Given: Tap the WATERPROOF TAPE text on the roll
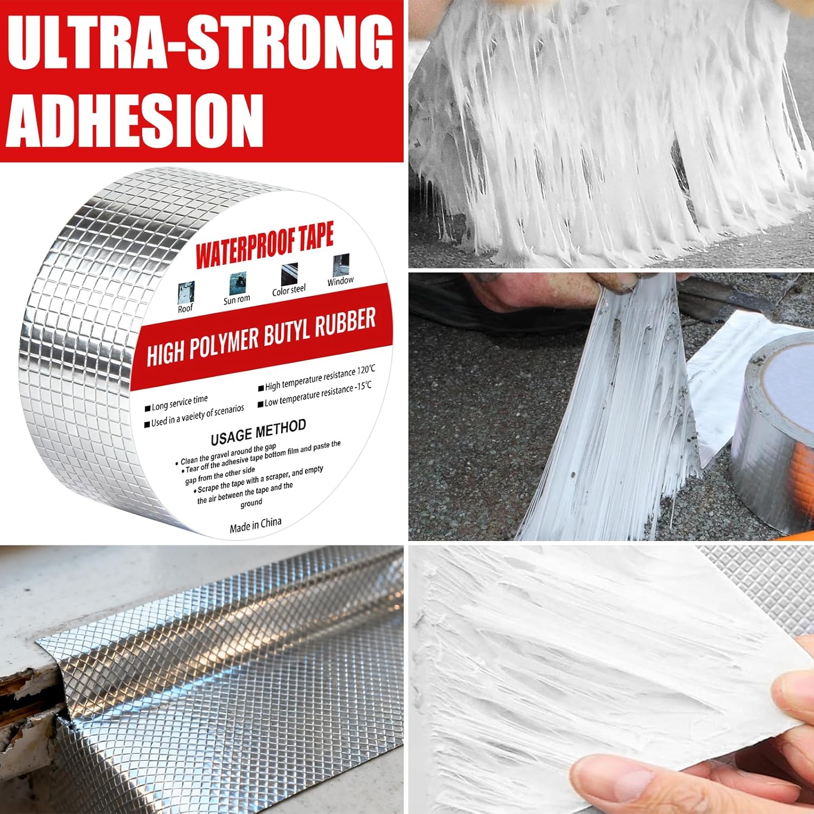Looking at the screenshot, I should coord(264,246).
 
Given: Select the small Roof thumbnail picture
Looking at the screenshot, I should coord(186,292).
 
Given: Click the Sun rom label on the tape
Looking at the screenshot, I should coord(237,299).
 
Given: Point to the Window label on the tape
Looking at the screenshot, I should coord(340,281).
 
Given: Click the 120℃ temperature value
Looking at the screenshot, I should coord(366,370).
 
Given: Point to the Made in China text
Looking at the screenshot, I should coord(255,525).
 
